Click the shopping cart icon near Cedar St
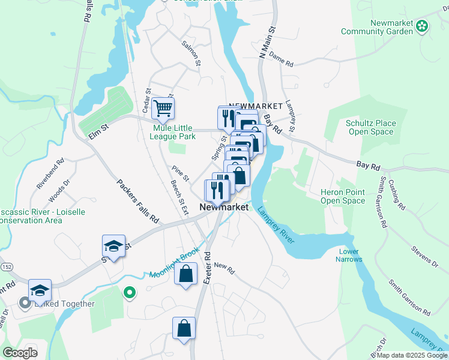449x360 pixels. pos(163,109)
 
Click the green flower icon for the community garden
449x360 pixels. pos(423,25)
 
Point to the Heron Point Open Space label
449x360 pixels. pos(343,196)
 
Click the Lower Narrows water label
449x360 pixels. pos(350,255)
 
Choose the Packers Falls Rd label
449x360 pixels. pos(137,202)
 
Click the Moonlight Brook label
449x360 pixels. pos(173,264)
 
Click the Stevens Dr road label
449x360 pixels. pos(426,254)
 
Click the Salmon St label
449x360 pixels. pos(192,52)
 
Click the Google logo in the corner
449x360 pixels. pos(19,353)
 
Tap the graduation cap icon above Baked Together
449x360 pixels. pos(40,290)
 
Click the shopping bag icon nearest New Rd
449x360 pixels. pos(186,275)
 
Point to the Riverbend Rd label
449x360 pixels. pos(50,174)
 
